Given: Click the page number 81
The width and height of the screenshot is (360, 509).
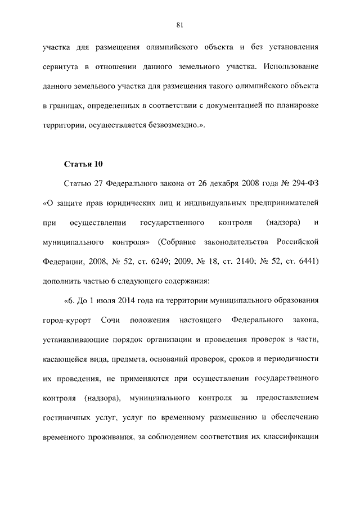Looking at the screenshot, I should tap(180, 24).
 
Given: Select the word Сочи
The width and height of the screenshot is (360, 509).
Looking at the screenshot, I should tap(112, 320).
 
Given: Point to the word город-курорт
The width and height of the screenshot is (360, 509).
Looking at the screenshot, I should tap(64, 320).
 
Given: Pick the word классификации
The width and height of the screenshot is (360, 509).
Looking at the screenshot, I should tap(291, 436).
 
